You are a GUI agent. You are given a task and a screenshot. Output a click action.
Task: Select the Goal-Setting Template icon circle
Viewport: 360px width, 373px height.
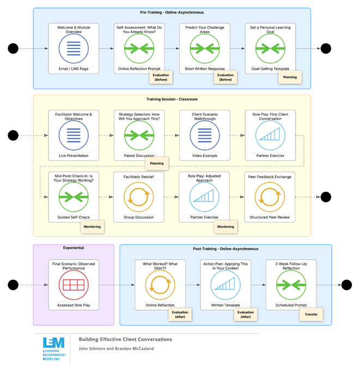270,49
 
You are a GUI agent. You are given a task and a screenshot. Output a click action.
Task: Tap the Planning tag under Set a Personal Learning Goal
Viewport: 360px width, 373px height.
290,77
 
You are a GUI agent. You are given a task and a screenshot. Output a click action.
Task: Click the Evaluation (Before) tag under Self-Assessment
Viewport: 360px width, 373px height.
161,77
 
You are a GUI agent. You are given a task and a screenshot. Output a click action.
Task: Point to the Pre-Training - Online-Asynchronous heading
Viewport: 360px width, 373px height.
172,13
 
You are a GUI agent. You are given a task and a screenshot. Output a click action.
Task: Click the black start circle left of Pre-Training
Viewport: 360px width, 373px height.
13,49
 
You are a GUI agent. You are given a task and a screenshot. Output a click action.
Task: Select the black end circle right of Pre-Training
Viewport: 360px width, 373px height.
326,49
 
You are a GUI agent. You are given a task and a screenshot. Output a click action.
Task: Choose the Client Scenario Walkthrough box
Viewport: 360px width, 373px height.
205,135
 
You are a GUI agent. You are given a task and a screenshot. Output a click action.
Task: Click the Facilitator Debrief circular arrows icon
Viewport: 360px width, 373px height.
138,197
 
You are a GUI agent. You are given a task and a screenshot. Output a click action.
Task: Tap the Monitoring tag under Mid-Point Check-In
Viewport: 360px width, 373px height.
92,227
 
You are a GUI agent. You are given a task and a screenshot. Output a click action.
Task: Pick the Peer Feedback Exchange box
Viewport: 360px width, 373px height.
270,197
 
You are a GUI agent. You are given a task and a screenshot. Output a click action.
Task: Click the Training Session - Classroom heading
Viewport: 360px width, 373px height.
172,99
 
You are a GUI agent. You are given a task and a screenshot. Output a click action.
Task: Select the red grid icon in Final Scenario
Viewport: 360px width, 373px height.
74,285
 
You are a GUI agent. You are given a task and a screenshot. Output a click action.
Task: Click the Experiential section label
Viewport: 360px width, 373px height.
74,248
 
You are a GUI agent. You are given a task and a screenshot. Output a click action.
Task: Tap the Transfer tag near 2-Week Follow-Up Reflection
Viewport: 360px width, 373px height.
311,315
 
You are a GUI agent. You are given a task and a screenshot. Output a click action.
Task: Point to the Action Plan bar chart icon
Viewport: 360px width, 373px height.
225,285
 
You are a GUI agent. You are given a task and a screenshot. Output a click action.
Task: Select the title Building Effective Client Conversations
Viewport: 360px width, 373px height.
125,339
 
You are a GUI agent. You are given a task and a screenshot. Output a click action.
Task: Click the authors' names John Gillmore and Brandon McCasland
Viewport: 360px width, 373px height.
116,348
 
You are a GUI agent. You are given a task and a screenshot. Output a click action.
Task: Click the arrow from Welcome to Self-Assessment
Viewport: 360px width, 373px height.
106,49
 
